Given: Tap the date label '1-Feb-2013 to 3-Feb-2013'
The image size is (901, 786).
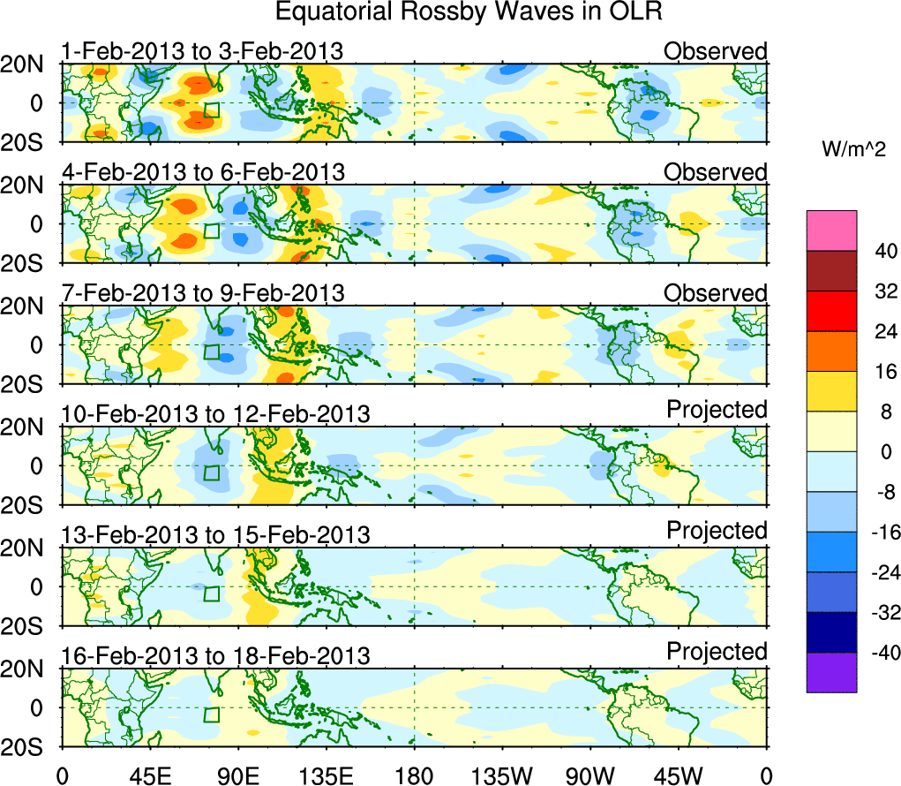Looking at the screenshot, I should (x=202, y=51).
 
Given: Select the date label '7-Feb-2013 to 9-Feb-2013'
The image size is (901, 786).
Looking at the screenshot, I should (x=202, y=292).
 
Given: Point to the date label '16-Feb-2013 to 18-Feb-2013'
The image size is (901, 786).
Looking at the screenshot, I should (x=214, y=655).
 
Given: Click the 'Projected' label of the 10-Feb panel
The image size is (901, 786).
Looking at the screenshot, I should (x=717, y=410).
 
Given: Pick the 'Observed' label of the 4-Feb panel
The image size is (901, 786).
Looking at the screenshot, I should (x=716, y=171).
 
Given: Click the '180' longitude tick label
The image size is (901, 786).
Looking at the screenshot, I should (x=414, y=775).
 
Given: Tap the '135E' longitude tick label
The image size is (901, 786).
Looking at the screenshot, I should (x=326, y=775).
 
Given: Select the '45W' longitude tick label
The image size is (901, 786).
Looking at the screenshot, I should (x=679, y=775).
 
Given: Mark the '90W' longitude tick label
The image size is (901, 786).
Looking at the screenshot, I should (x=590, y=775).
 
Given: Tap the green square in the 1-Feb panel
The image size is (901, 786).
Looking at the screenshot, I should (x=212, y=110).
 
